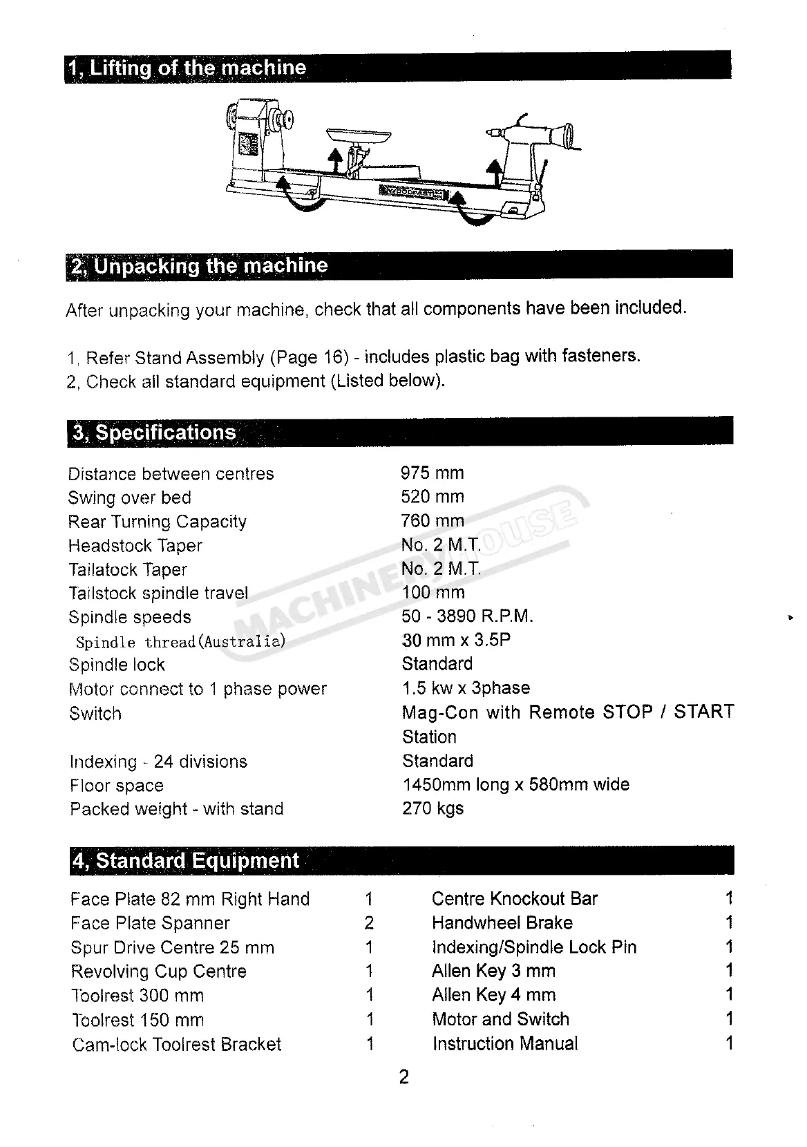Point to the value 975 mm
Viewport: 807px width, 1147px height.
click(x=432, y=473)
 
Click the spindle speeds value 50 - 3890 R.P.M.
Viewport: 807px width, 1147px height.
click(x=467, y=616)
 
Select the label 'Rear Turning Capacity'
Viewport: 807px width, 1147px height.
click(x=157, y=522)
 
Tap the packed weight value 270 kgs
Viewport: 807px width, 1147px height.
click(x=433, y=808)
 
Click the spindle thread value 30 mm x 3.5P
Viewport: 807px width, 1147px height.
click(x=456, y=640)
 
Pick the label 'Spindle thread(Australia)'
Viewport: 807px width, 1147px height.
click(x=180, y=642)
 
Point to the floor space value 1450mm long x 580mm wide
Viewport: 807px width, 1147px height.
click(x=515, y=785)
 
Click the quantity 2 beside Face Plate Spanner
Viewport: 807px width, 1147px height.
click(x=369, y=923)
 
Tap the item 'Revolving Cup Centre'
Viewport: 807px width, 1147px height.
click(x=158, y=971)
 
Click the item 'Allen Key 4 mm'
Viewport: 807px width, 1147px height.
click(x=493, y=996)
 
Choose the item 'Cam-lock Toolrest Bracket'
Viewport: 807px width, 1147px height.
click(x=176, y=1044)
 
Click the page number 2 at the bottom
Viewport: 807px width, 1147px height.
click(x=404, y=1077)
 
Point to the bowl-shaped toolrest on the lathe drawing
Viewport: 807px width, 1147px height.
click(x=357, y=136)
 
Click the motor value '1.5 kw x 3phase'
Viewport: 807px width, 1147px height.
click(x=466, y=688)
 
